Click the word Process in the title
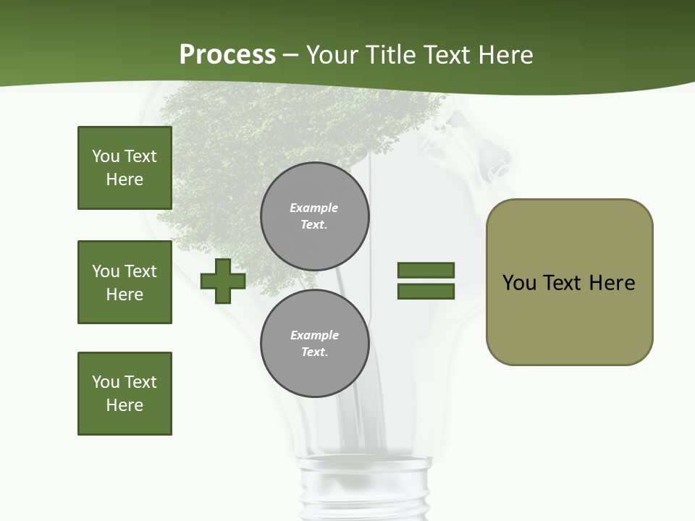pyautogui.click(x=227, y=55)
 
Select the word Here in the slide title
pyautogui.click(x=504, y=55)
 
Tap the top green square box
pyautogui.click(x=125, y=168)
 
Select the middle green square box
pyautogui.click(x=125, y=282)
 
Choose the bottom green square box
pyautogui.click(x=125, y=394)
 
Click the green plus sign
pyautogui.click(x=223, y=281)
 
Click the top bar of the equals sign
pyautogui.click(x=426, y=270)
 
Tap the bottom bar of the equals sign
pyautogui.click(x=426, y=292)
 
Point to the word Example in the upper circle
pyautogui.click(x=313, y=208)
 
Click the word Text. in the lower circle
pyautogui.click(x=314, y=352)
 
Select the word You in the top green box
pyautogui.click(x=105, y=156)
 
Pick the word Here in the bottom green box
pyautogui.click(x=125, y=405)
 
